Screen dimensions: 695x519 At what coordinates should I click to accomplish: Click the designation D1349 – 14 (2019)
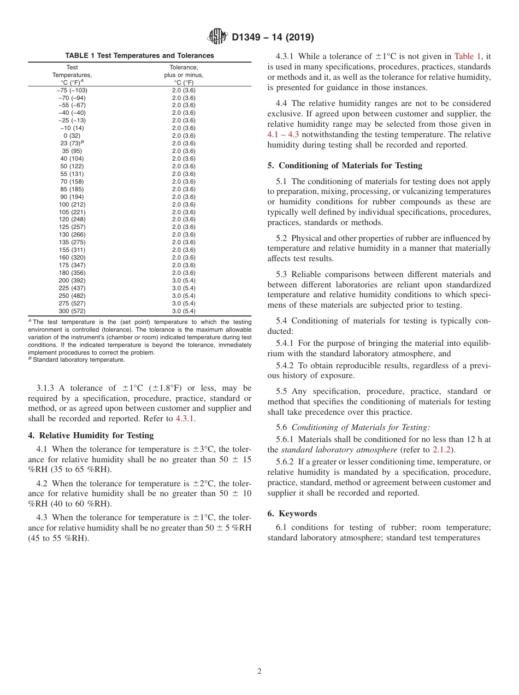coord(273,37)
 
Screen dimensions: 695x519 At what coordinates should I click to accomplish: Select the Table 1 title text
coord(139,56)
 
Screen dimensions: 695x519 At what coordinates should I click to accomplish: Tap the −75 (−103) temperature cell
coord(72,90)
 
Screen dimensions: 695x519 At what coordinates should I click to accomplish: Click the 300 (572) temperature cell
coord(72,311)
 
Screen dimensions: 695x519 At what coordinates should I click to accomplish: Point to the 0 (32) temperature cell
coord(72,136)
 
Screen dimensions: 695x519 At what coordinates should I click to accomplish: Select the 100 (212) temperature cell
coord(72,204)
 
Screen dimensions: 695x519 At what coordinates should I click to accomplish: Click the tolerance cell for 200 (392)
coord(184,280)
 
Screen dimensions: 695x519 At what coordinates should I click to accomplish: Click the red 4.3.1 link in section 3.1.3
coord(185,419)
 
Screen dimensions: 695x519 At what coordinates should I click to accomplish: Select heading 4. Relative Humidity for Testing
coord(91,435)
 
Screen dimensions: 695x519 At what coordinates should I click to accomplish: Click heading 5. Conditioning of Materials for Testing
coord(345,166)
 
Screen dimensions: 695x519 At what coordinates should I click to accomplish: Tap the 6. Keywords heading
coord(292,514)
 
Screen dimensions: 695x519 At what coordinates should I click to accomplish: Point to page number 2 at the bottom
coord(259,672)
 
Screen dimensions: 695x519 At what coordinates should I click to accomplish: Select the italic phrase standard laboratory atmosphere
coord(339,450)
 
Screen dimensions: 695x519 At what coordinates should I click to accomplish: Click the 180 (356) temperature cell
coord(72,273)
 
